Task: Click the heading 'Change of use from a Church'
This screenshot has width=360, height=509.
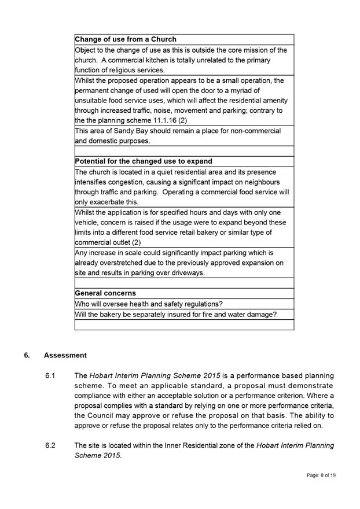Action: (x=126, y=39)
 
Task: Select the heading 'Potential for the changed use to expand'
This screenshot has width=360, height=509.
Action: (x=144, y=161)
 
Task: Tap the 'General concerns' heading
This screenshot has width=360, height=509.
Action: (x=106, y=293)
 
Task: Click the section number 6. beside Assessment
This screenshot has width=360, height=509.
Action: (x=28, y=355)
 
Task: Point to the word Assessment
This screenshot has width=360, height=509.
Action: (x=65, y=355)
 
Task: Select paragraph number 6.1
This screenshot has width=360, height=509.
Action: (x=50, y=376)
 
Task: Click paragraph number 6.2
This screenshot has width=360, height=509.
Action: (x=50, y=446)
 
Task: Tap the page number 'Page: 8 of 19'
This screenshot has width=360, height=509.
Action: (x=321, y=475)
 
